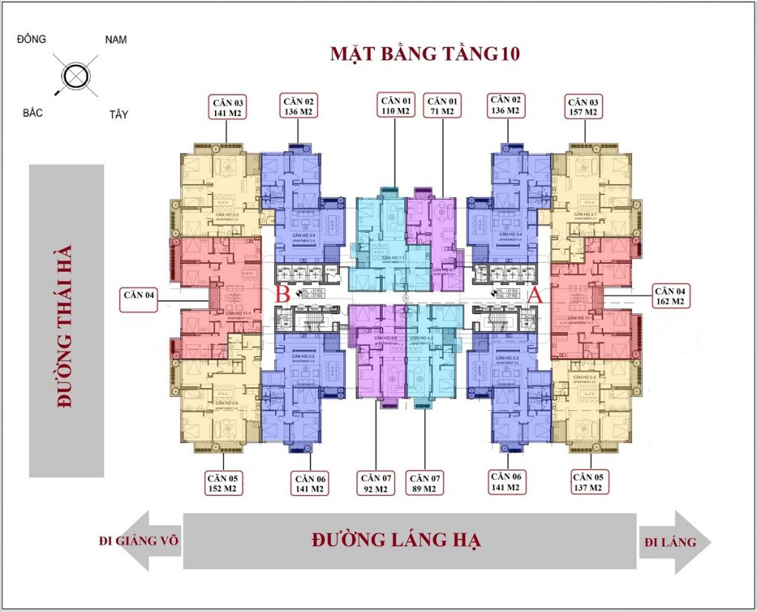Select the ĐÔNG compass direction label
pos(31,38)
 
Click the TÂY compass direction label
pos(118,115)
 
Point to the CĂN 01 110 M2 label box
pos(396,105)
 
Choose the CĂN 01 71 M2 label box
pos(444,105)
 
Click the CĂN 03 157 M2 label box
pos(586,106)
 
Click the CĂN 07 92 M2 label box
pos(376,483)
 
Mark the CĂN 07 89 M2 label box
pos(425,483)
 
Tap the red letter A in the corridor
pos(537,296)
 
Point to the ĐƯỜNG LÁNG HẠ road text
pos(396,540)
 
